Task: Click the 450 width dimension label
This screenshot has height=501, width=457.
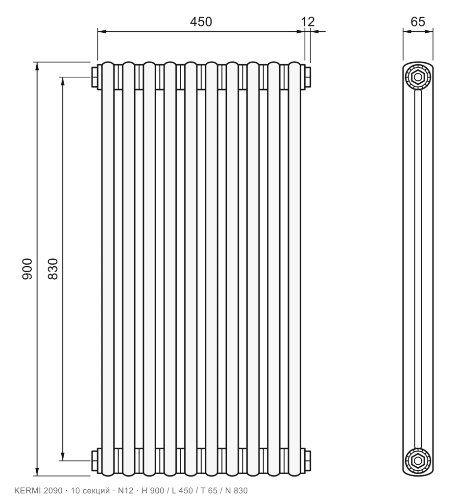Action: point(201,22)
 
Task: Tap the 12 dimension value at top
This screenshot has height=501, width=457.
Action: point(308,22)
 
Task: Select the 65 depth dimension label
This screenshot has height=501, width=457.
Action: point(418,22)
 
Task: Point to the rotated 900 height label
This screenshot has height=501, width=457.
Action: point(27,269)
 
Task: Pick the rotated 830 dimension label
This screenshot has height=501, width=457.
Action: point(53,269)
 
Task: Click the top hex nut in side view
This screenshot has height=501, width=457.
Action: point(418,77)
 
